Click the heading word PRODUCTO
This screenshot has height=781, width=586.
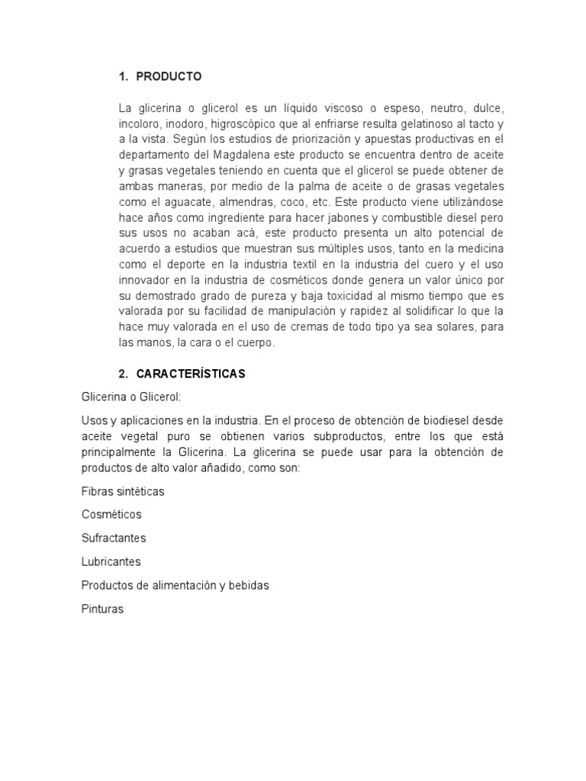click(x=169, y=76)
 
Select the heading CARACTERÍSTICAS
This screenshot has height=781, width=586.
click(x=191, y=374)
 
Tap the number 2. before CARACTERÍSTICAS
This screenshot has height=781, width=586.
click(x=124, y=374)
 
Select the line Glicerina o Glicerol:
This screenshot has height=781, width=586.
click(x=130, y=397)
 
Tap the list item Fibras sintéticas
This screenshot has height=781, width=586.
click(x=122, y=491)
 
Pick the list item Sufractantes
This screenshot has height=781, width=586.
click(x=113, y=538)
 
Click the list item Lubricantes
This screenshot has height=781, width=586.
click(x=111, y=562)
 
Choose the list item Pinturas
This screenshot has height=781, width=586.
click(x=102, y=609)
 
